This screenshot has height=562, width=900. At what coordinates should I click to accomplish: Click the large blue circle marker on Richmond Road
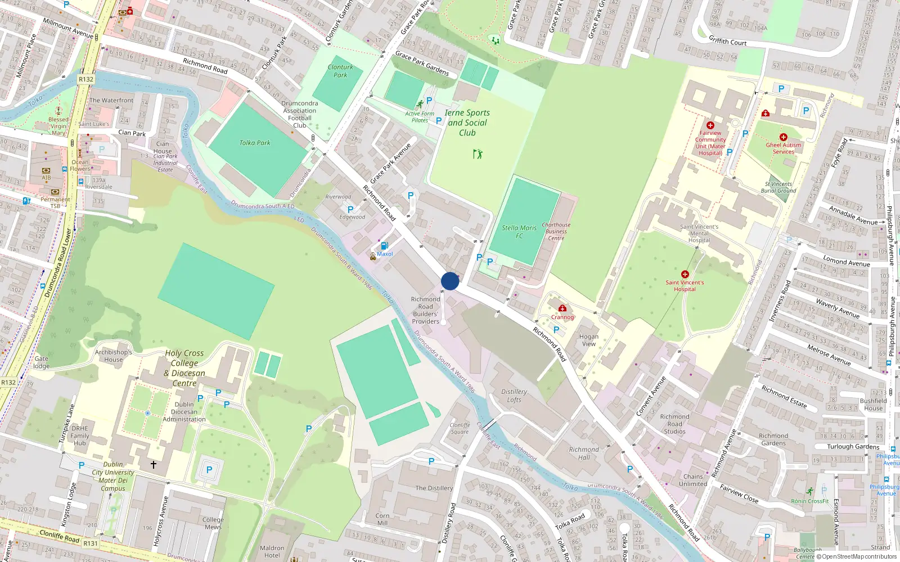click(x=450, y=281)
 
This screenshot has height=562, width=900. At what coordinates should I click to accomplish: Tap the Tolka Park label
click(x=255, y=143)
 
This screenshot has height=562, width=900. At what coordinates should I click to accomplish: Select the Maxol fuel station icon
click(x=385, y=246)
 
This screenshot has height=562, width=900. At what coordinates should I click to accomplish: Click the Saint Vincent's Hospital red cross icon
click(x=685, y=274)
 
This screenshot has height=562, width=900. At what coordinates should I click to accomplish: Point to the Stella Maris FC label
click(x=519, y=232)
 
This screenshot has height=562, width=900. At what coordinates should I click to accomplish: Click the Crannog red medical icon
click(x=562, y=308)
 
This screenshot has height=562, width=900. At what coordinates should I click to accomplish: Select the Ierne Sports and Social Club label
click(x=467, y=123)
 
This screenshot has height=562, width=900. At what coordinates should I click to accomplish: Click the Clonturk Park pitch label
click(x=340, y=71)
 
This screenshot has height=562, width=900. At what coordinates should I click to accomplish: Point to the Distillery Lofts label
click(x=514, y=396)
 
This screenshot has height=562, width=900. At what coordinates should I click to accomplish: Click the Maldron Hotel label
click(x=272, y=551)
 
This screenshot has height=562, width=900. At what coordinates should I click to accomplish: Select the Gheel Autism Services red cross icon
click(x=783, y=137)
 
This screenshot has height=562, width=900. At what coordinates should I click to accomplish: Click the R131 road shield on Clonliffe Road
click(x=91, y=543)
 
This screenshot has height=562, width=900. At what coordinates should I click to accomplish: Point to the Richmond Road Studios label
click(x=674, y=424)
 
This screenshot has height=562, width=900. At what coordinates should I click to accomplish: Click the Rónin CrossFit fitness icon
click(x=809, y=492)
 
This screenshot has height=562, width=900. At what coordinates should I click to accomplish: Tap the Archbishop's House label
click(x=113, y=356)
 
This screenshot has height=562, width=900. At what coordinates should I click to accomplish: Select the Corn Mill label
click(x=382, y=519)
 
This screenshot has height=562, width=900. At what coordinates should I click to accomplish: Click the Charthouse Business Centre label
click(x=556, y=232)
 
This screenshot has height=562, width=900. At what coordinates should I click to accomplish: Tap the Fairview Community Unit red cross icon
click(x=710, y=125)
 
